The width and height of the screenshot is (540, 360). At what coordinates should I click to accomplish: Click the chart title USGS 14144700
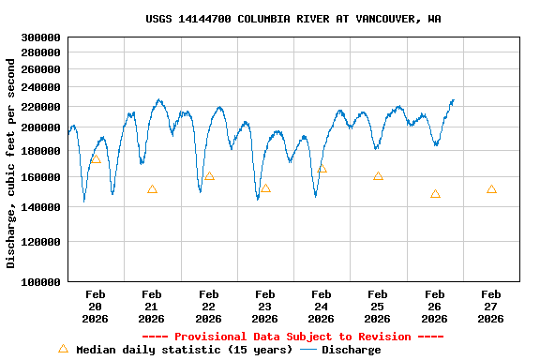tap(293, 19)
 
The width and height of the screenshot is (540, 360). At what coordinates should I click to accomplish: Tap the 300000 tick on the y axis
tap(40, 37)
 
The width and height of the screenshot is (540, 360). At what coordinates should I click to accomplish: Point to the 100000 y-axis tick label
tap(40, 281)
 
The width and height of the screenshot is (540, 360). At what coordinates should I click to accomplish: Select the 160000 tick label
tap(40, 177)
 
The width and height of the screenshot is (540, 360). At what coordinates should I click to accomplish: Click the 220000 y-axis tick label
tap(40, 107)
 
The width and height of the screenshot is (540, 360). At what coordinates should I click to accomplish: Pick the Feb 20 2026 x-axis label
tap(96, 307)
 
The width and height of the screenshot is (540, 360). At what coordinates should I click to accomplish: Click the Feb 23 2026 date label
tap(265, 307)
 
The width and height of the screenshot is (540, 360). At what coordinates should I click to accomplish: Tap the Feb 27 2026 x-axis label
tap(491, 307)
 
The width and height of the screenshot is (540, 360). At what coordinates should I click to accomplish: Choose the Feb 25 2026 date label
tap(378, 307)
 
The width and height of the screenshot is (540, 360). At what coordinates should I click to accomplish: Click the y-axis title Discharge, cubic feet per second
tap(11, 163)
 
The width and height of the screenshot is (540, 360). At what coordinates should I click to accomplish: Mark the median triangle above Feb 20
tap(96, 159)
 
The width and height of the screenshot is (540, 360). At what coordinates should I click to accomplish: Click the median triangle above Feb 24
tap(322, 169)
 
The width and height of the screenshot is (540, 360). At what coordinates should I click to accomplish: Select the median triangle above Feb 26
tap(435, 194)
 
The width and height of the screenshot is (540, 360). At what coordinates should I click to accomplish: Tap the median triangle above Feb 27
tap(491, 189)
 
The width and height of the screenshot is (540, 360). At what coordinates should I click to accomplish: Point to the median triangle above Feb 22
tap(209, 176)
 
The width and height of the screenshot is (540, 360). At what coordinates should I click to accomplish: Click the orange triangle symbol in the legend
tap(64, 349)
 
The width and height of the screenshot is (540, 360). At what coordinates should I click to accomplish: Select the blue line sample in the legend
tap(308, 350)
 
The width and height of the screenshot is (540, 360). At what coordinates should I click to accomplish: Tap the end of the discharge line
tap(454, 99)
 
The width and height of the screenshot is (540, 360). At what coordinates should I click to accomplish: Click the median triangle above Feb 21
tap(152, 189)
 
